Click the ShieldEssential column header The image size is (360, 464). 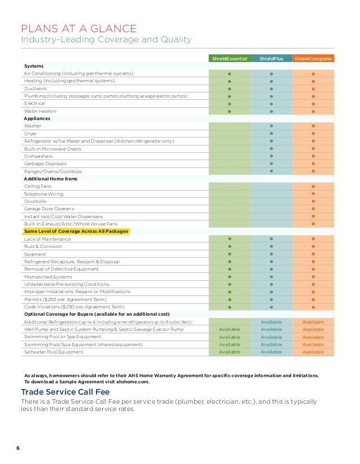[229, 58]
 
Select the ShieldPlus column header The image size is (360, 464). [271, 58]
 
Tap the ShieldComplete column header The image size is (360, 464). [313, 58]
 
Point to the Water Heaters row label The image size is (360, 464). [40, 111]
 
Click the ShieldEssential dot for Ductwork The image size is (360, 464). [230, 89]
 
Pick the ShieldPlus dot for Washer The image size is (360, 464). [271, 126]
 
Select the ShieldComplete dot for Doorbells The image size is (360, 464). [313, 201]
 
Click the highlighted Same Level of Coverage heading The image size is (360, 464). [76, 232]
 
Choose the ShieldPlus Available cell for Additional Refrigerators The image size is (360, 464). [271, 321]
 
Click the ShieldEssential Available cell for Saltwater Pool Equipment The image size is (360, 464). [230, 352]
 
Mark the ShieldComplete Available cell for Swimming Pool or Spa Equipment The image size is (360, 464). [313, 337]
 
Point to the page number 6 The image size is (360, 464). [18, 448]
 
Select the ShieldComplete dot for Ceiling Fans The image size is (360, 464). [313, 186]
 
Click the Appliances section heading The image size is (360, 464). [37, 119]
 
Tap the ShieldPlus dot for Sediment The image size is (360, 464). [271, 254]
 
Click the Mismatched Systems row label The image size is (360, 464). [48, 277]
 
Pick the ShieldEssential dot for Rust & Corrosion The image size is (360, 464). [230, 246]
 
